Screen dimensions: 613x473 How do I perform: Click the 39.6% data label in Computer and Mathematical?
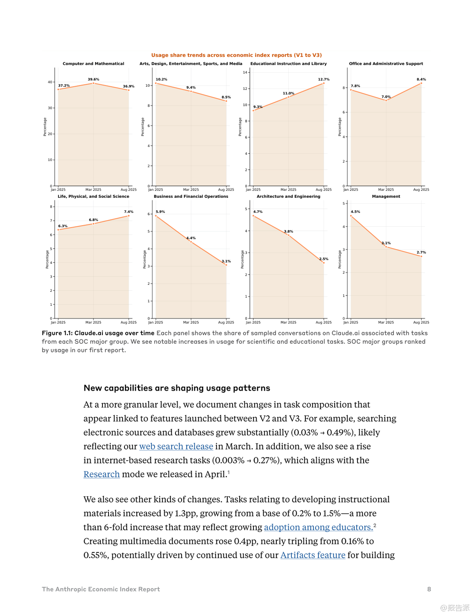coord(93,79)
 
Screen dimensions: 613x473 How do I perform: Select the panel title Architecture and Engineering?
coord(288,197)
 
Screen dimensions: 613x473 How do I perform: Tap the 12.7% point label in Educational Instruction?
coord(324,79)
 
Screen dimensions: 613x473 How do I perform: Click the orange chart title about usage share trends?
coord(236,55)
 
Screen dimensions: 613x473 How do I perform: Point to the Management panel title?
coord(386,197)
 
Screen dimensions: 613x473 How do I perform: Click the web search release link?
coord(176,447)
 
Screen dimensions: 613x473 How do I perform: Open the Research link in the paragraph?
coord(102,474)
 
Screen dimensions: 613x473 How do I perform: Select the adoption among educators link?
coord(318,528)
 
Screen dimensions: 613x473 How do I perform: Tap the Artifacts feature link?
coord(313,555)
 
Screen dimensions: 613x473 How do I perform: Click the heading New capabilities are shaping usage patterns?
coord(177,388)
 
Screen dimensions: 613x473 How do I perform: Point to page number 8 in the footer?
coord(429,589)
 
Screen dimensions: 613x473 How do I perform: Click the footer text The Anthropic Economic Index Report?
coord(101,589)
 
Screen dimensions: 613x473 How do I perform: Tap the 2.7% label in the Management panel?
coord(421,253)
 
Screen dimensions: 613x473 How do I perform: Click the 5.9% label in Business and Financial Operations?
coord(160,212)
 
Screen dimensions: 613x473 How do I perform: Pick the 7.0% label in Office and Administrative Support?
coord(386,97)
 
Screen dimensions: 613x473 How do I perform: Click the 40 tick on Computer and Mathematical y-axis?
coord(50,82)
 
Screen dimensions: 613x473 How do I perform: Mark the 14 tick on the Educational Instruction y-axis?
coord(245,72)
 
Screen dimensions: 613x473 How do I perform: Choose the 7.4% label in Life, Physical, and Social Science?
coord(129,212)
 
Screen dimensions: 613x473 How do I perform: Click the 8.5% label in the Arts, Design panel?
coord(226,97)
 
